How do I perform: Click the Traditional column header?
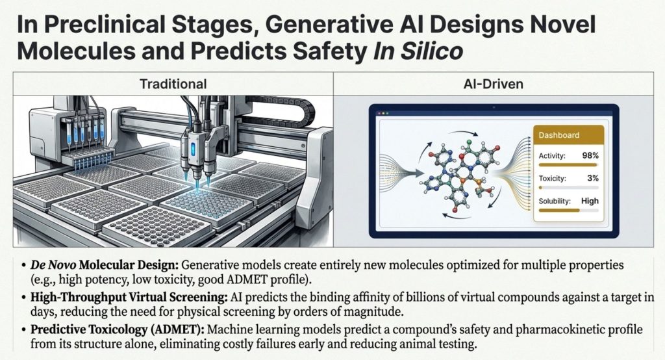(173, 84)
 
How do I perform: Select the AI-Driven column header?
(494, 84)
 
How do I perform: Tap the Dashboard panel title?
(558, 135)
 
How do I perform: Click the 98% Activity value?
(590, 155)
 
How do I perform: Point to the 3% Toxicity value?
(592, 178)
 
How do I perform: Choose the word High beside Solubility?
(590, 201)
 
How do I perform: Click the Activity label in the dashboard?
(552, 156)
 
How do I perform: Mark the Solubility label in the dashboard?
(555, 201)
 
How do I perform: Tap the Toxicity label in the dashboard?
(552, 178)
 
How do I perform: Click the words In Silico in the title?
(418, 51)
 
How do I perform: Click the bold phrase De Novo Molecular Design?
(105, 265)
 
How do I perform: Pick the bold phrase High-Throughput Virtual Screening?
(129, 297)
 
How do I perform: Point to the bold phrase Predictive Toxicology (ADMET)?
(118, 329)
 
